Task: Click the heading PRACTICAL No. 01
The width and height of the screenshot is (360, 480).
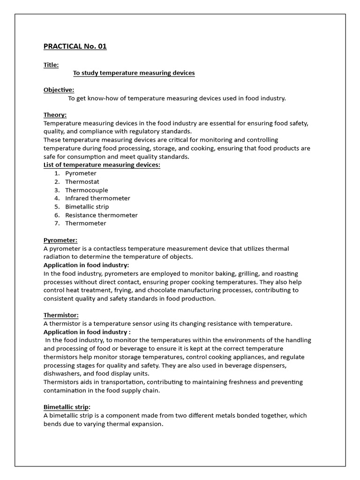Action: coord(75,46)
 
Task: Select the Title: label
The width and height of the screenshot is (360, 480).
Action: coord(51,65)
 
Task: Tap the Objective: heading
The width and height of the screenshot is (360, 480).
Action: coord(59,90)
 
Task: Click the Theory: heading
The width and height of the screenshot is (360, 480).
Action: coord(55,115)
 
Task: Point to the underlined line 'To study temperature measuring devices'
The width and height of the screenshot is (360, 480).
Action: coord(134,73)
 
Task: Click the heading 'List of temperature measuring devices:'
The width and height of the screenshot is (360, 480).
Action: coord(102,165)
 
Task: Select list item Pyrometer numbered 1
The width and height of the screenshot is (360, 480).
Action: coord(81,173)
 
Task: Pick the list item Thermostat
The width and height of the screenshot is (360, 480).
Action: coord(82,182)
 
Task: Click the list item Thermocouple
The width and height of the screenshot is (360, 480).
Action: coord(86,190)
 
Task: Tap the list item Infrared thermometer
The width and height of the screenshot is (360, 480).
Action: coord(97,198)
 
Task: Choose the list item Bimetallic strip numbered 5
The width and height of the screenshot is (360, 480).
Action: coord(87,207)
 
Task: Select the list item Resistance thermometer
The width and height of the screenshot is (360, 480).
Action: coord(101,215)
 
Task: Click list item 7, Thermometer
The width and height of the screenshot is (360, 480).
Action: coord(85,223)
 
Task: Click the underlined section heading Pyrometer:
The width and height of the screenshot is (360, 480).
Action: coord(60,240)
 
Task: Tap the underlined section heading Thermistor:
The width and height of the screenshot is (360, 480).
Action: coord(61,315)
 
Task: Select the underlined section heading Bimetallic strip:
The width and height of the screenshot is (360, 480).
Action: coord(67,407)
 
